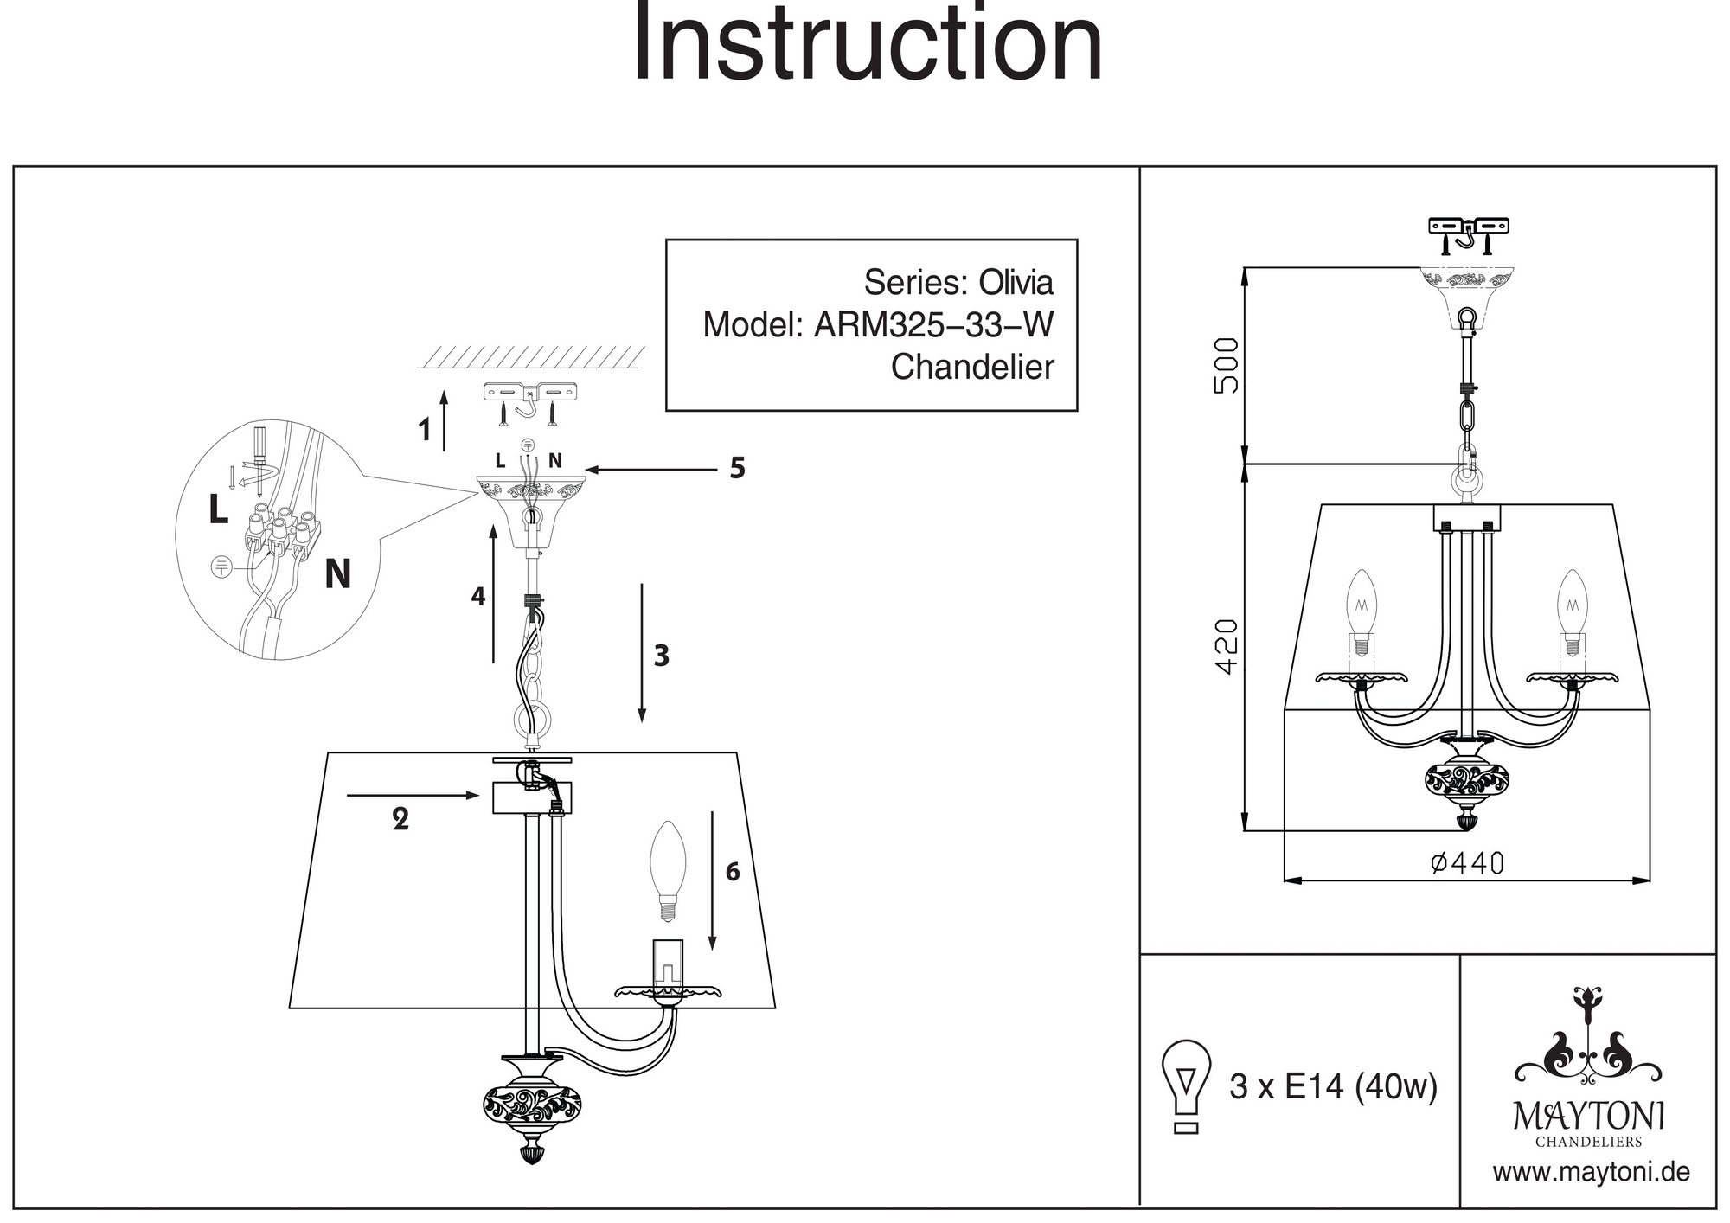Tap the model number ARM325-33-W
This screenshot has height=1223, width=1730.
[x=934, y=325]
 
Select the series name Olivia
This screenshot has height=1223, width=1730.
[x=1016, y=283]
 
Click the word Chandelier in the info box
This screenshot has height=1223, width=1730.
[x=972, y=368]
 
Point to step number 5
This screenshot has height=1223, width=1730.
[x=737, y=468]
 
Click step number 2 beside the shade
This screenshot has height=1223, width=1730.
[x=400, y=818]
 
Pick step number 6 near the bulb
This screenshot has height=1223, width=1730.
[x=733, y=872]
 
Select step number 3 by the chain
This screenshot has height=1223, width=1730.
[x=662, y=656]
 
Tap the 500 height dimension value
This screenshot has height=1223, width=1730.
[x=1227, y=365]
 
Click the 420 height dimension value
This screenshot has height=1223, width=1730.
[x=1227, y=646]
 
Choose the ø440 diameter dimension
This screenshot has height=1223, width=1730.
[x=1467, y=863]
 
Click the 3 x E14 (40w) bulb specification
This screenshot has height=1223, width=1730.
[x=1333, y=1086]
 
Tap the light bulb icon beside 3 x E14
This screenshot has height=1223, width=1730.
[x=1187, y=1085]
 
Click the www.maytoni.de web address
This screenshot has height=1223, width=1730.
[x=1591, y=1173]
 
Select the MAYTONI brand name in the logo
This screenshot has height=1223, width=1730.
[x=1588, y=1117]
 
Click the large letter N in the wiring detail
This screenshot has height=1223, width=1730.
[x=337, y=573]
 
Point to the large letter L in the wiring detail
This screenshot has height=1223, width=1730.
[x=219, y=509]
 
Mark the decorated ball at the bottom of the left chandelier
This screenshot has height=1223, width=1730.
[x=531, y=1105]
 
